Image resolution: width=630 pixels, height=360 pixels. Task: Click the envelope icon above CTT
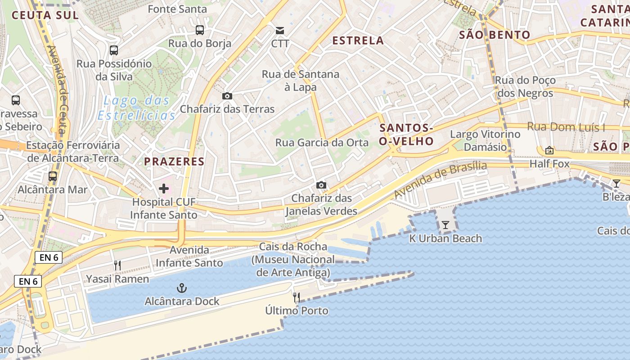coord(280,30)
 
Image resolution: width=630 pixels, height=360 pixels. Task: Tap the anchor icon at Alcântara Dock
coord(182,288)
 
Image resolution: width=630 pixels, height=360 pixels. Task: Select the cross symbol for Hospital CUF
coord(164,189)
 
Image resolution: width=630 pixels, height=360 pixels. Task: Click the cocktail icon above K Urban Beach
coord(445,225)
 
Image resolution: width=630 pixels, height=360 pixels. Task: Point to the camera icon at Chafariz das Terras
coord(227,96)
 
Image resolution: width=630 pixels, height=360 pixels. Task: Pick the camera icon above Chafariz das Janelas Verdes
coord(321,185)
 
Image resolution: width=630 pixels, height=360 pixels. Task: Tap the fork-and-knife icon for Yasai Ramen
coord(117,265)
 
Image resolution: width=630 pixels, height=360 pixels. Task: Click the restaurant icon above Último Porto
coord(297,297)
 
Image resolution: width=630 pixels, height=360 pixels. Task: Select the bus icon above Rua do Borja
coord(200,30)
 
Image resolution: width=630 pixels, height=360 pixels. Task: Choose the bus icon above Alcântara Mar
coord(53,176)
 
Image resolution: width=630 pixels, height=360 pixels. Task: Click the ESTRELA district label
coord(358,40)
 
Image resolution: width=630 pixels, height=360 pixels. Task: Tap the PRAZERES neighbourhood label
coord(174,161)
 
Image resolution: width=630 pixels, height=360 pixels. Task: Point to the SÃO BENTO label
coord(495,35)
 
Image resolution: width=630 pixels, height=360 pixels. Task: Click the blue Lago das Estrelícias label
coord(136,108)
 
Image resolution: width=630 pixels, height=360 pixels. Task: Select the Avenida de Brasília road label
coord(440,180)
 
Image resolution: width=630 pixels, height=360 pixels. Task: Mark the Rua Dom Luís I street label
coord(566,127)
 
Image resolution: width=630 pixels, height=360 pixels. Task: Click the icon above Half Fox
coord(549,150)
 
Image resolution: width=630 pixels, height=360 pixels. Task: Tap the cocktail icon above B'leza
coord(616,183)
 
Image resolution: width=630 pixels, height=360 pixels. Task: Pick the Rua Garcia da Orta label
coord(322,143)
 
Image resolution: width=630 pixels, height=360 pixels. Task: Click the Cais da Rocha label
coord(293,247)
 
